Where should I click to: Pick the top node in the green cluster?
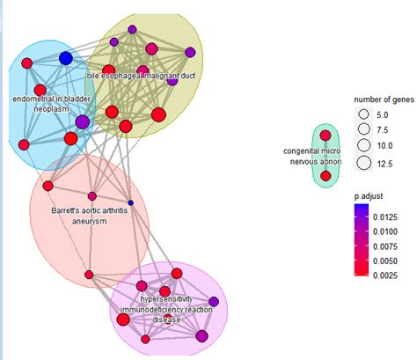pyautogui.click(x=326, y=136)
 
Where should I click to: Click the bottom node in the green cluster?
pyautogui.click(x=326, y=176)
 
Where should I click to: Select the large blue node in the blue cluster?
pyautogui.click(x=65, y=58)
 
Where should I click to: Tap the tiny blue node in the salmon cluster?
pyautogui.click(x=130, y=202)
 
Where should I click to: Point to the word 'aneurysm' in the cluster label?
pyautogui.click(x=88, y=222)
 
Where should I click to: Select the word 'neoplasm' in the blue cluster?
pyautogui.click(x=51, y=110)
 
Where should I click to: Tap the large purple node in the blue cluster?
pyautogui.click(x=82, y=121)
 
